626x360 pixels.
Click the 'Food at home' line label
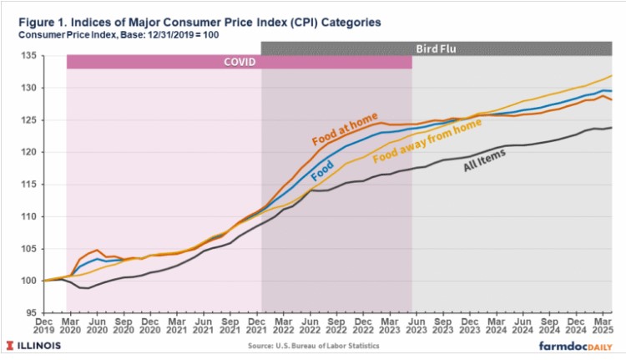[x=344, y=126]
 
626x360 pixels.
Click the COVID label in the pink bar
[x=239, y=62]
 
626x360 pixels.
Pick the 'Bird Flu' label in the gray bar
[x=437, y=48]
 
